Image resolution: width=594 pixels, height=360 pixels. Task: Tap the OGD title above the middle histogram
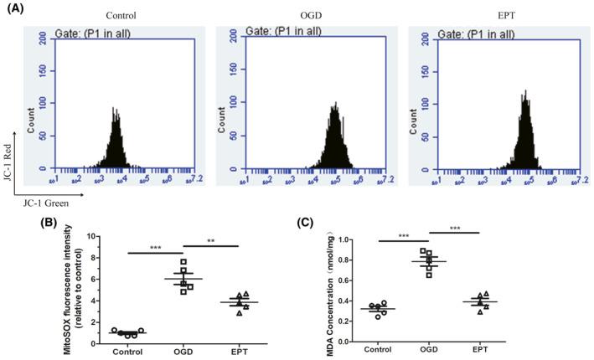311,15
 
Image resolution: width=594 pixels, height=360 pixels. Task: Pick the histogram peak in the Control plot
116,110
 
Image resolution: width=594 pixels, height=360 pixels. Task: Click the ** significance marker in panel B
210,241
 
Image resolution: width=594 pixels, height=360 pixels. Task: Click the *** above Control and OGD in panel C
405,237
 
